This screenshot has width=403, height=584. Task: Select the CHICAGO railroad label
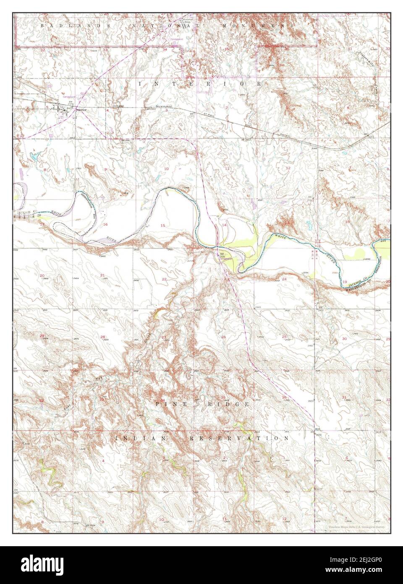click(x=119, y=106)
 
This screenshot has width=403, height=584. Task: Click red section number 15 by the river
click(x=162, y=226)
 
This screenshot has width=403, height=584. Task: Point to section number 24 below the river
click(x=284, y=279)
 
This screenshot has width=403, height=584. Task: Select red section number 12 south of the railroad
click(x=288, y=168)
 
